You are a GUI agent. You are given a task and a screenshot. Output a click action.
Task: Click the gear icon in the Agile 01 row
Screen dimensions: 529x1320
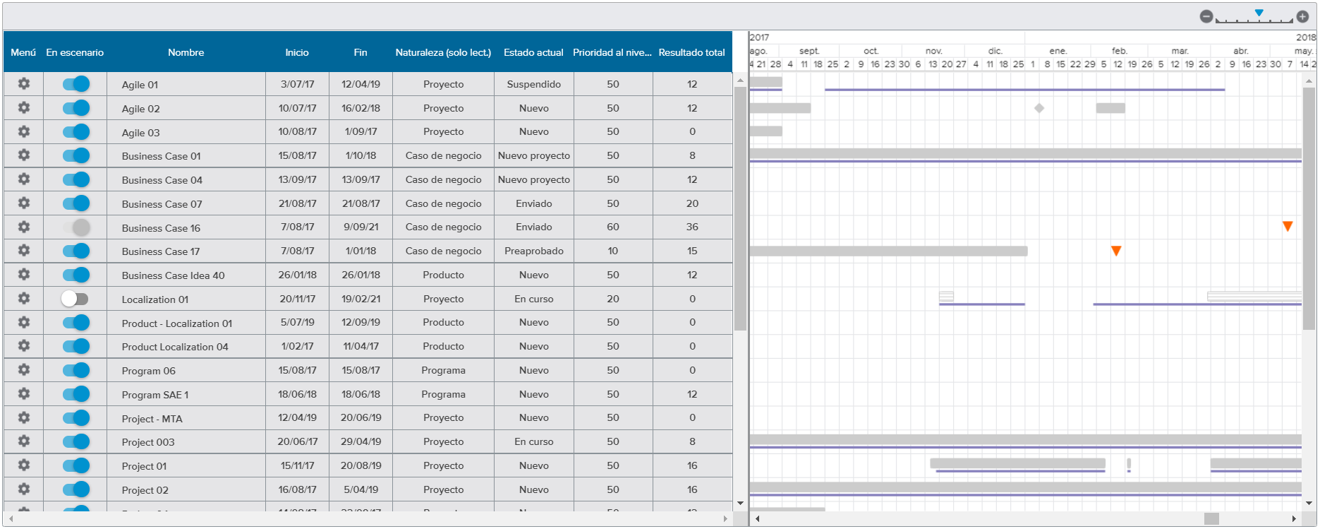pyautogui.click(x=23, y=84)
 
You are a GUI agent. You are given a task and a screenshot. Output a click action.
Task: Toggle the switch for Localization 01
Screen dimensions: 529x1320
pyautogui.click(x=75, y=299)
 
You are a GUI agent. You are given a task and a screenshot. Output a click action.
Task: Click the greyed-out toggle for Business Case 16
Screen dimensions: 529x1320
pyautogui.click(x=76, y=227)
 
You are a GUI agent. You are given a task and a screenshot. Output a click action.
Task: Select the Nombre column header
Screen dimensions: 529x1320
pyautogui.click(x=186, y=52)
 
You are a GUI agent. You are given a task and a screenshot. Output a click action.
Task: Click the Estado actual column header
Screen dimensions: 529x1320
pyautogui.click(x=533, y=52)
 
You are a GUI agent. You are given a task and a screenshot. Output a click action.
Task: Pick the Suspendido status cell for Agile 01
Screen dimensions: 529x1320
pyautogui.click(x=533, y=84)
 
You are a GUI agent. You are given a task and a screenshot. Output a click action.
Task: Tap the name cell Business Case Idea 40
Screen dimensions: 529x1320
pyautogui.click(x=173, y=275)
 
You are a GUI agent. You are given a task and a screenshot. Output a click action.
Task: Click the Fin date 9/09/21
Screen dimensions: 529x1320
pyautogui.click(x=361, y=227)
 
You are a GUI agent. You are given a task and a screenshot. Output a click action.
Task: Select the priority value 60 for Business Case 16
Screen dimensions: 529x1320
pyautogui.click(x=612, y=227)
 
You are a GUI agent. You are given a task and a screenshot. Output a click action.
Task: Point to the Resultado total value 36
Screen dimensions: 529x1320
pyautogui.click(x=692, y=227)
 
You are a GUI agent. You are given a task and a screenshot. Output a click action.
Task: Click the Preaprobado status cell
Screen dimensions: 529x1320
pyautogui.click(x=533, y=251)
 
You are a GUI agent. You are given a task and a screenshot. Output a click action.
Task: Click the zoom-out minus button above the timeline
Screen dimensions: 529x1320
pyautogui.click(x=1206, y=16)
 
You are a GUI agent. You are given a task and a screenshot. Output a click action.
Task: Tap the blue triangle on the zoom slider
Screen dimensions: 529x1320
pyautogui.click(x=1259, y=13)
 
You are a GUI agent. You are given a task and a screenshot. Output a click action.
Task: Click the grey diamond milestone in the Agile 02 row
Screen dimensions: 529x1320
pyautogui.click(x=1039, y=108)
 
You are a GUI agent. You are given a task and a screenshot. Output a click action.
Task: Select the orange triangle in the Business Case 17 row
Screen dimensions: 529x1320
pyautogui.click(x=1116, y=251)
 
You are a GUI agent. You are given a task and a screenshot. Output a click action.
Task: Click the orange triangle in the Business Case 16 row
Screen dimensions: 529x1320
pyautogui.click(x=1288, y=226)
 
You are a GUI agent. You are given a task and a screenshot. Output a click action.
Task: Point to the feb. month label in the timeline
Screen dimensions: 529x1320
pyautogui.click(x=1119, y=51)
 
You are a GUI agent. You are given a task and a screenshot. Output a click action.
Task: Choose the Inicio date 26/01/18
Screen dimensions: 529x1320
pyautogui.click(x=297, y=275)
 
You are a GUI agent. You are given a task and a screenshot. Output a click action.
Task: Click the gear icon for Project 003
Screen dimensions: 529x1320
pyautogui.click(x=23, y=441)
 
